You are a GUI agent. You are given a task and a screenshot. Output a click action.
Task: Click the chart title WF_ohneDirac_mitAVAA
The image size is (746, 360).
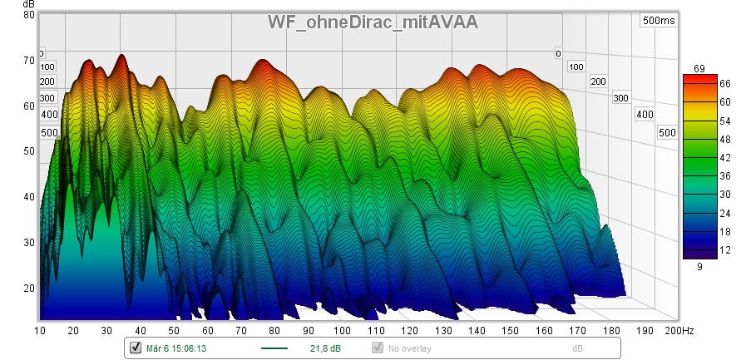[372, 22]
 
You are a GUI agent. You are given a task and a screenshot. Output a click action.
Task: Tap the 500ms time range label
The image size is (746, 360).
[659, 21]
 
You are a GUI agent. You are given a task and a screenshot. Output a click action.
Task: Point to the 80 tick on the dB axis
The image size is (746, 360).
[29, 14]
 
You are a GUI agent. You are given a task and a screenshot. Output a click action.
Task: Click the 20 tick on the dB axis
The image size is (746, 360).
[29, 288]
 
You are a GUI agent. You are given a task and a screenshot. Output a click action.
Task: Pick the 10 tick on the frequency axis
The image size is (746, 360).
[40, 331]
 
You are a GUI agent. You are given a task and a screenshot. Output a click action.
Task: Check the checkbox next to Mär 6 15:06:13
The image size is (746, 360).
[136, 348]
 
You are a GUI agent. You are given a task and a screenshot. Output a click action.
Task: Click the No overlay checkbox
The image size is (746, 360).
[378, 348]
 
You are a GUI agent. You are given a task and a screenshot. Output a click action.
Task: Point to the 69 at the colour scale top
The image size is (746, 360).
[699, 67]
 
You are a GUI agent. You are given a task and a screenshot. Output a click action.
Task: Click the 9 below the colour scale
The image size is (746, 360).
[699, 267]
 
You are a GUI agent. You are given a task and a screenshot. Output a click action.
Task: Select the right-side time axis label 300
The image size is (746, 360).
[620, 98]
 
